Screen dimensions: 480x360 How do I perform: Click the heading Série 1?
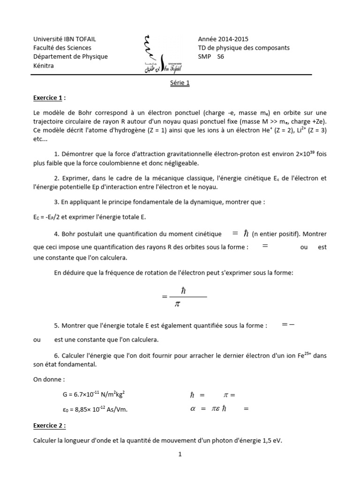(x=180, y=84)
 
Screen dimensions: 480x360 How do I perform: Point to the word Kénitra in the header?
(x=44, y=66)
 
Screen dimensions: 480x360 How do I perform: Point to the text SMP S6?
(x=212, y=57)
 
